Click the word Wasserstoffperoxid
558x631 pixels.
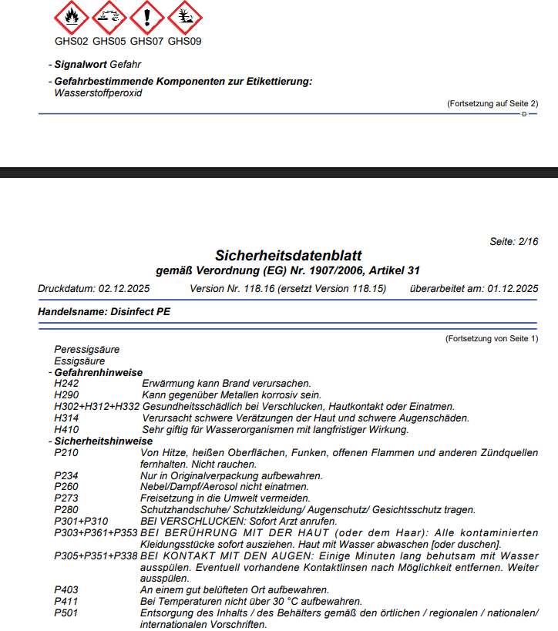click(x=99, y=93)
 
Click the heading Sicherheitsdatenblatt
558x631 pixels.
click(x=288, y=255)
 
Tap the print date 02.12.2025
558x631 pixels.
click(x=124, y=289)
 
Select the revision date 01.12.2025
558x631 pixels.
click(x=512, y=289)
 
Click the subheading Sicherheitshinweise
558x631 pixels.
click(x=103, y=441)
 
